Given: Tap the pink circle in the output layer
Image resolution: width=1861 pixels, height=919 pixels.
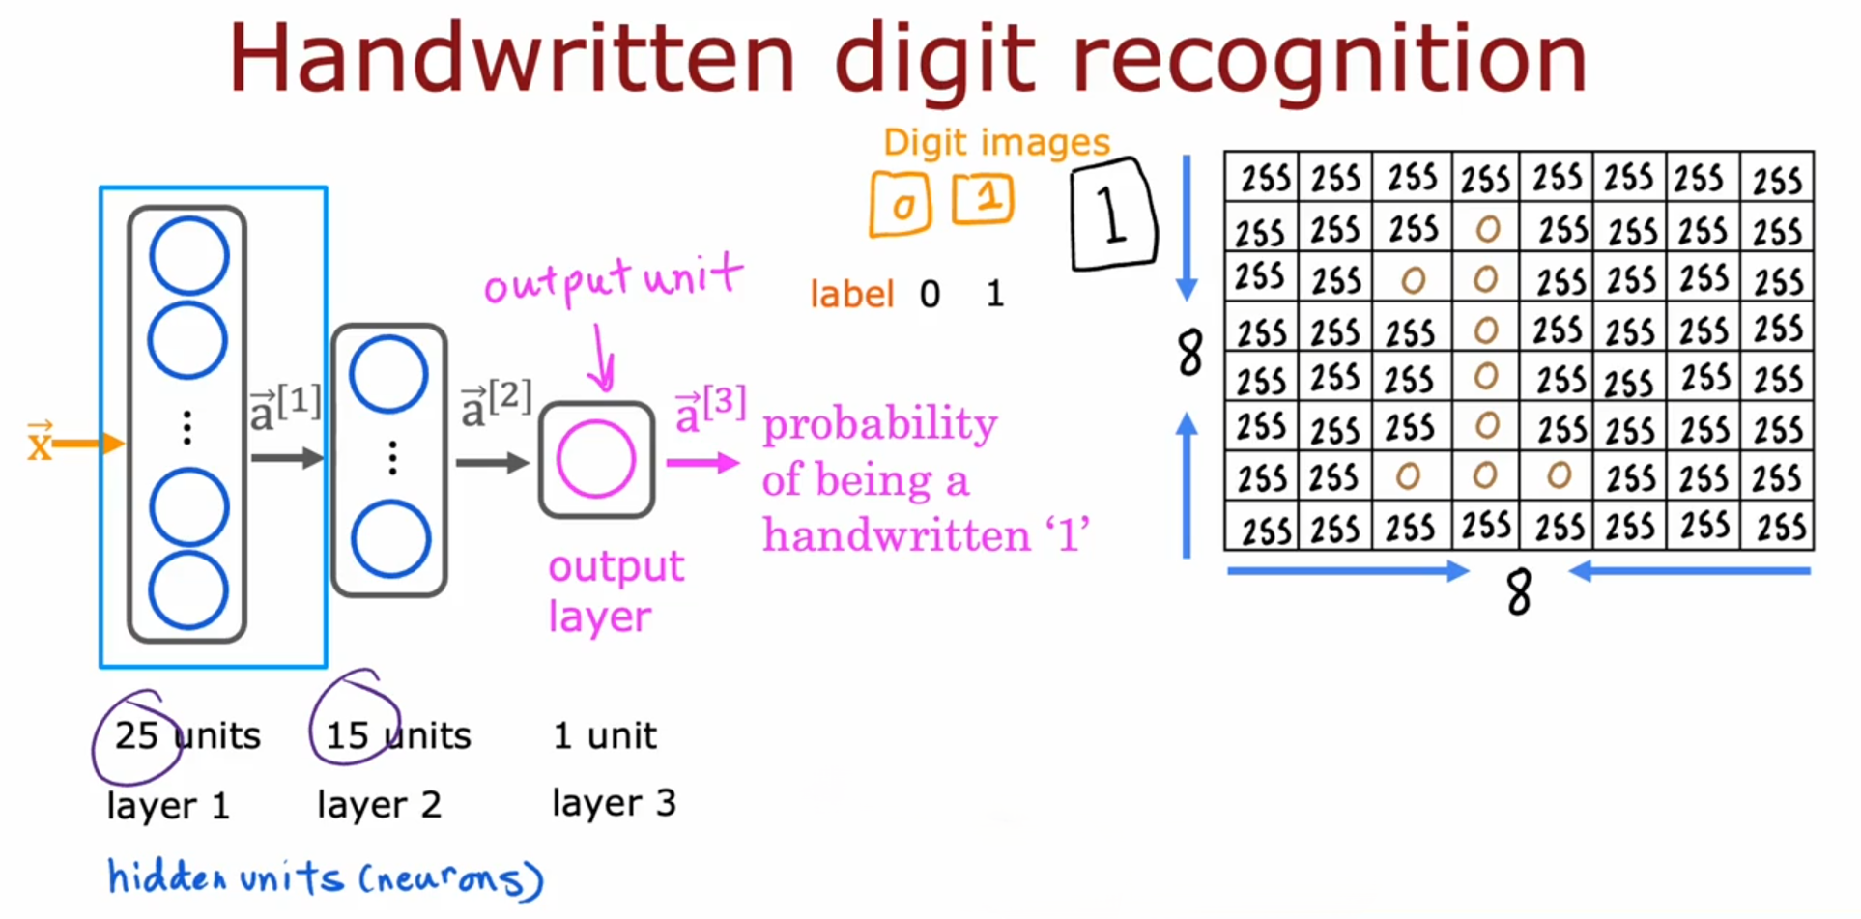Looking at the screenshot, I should (x=596, y=460).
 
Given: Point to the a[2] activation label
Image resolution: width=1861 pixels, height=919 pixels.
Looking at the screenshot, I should (x=495, y=403).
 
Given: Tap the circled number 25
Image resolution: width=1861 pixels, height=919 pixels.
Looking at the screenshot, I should (x=136, y=736).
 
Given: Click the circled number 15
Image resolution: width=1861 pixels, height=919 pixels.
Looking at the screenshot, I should (x=348, y=736).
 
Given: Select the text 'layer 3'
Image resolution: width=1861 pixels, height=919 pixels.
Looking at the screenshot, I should (x=614, y=803).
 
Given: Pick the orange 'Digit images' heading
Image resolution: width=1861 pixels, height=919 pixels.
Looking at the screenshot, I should (x=996, y=143).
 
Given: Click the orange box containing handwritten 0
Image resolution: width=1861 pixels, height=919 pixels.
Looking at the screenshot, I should (x=901, y=205).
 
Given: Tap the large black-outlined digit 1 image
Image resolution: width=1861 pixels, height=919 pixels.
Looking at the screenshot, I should (x=1113, y=215).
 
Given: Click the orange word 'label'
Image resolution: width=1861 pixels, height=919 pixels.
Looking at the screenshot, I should (x=852, y=295).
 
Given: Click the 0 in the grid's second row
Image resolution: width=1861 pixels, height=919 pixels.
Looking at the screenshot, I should (x=1488, y=229).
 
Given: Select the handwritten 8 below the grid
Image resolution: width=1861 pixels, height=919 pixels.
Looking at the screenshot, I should (x=1518, y=591).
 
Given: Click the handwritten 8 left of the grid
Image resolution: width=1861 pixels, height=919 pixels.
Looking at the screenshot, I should (x=1190, y=352).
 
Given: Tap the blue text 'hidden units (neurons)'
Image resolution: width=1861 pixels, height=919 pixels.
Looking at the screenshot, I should (x=325, y=877).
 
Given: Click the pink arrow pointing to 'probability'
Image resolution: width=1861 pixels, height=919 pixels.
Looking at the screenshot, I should (x=702, y=464).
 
